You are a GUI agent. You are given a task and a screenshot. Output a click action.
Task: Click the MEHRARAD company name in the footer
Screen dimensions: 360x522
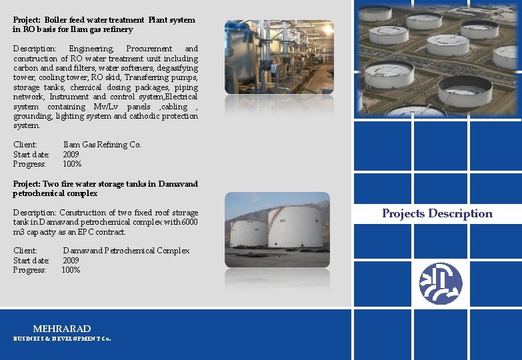(x=62, y=329)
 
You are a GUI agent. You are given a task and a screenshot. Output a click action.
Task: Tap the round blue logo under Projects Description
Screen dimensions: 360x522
(x=441, y=283)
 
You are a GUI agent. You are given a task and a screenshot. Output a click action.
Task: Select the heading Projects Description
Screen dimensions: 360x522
(x=437, y=213)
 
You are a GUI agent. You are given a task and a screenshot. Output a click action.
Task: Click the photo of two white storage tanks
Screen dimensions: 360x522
(x=277, y=230)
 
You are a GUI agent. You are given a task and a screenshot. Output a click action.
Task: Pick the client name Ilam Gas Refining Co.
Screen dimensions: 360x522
(x=102, y=145)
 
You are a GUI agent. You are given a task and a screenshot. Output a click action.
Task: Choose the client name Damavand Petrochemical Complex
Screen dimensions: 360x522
(x=126, y=251)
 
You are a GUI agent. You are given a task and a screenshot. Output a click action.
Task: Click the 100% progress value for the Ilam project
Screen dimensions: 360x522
(x=72, y=164)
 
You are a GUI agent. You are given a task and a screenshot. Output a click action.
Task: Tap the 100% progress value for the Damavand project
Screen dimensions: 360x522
(x=71, y=270)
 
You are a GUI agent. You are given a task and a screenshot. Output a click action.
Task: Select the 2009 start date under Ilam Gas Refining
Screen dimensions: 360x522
(x=71, y=154)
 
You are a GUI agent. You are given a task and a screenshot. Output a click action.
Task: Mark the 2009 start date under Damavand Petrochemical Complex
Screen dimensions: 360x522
(x=71, y=261)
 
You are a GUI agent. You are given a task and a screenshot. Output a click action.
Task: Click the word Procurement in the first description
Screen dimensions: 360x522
(x=149, y=49)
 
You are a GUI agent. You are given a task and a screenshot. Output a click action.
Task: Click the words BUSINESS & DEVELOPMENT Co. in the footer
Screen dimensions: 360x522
(x=62, y=339)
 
